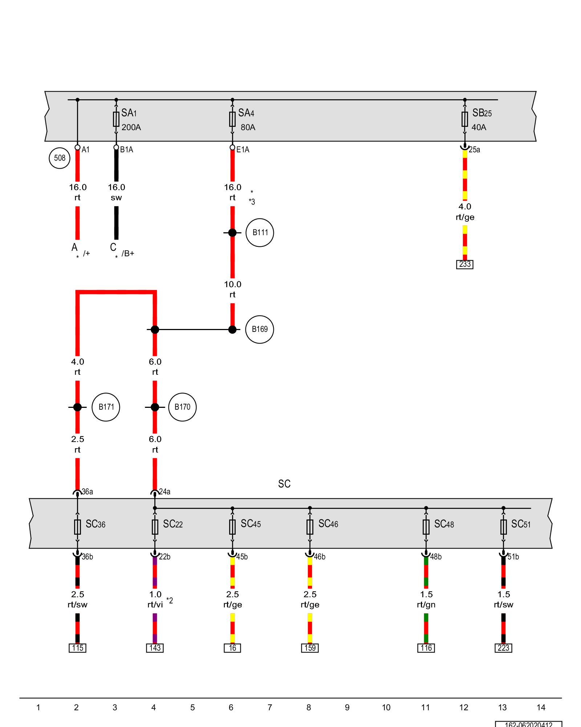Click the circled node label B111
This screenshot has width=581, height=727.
(x=260, y=233)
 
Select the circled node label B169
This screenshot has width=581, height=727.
(x=260, y=329)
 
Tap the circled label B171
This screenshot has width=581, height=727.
(x=106, y=407)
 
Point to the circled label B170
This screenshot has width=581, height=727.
(x=182, y=407)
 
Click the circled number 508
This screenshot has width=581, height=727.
(x=60, y=158)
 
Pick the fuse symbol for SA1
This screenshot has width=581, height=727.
(x=116, y=119)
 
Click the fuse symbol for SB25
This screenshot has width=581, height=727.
(x=465, y=119)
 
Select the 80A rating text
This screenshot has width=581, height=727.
(x=248, y=128)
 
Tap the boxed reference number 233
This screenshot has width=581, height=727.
(x=465, y=264)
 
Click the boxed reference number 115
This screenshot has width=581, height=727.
(x=77, y=648)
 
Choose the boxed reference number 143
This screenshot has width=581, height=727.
(x=155, y=648)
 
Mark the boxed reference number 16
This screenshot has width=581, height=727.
(x=232, y=648)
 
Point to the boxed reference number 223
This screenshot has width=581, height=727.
(x=503, y=648)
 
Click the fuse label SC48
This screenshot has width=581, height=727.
(x=444, y=524)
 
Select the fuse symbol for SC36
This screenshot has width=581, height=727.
(x=77, y=527)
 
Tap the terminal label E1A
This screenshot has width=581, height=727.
(x=243, y=150)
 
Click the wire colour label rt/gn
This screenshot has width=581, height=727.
(x=426, y=605)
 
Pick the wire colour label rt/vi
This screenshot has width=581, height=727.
(x=155, y=605)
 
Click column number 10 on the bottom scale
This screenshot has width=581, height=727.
(x=386, y=707)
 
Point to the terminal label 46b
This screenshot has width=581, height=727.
(x=320, y=557)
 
